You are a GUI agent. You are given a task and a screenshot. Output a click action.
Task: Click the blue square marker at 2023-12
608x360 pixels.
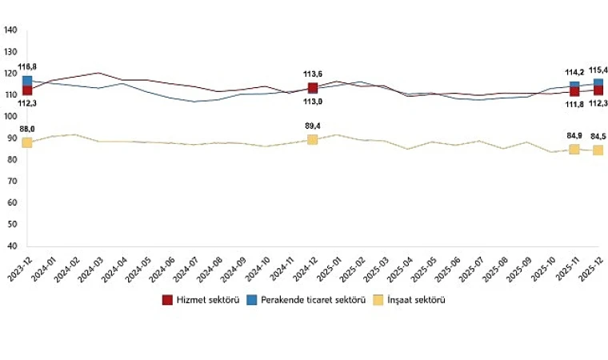(x=27, y=81)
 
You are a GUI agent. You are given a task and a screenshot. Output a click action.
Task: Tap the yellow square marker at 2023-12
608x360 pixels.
(x=27, y=142)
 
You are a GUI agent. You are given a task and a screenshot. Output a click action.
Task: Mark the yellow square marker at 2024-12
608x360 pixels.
(x=313, y=139)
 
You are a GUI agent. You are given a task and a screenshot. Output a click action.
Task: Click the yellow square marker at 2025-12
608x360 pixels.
(x=598, y=150)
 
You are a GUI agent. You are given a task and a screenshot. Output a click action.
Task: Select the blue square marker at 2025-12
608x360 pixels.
(x=598, y=83)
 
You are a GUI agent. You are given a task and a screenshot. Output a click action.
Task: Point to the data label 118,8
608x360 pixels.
(x=26, y=67)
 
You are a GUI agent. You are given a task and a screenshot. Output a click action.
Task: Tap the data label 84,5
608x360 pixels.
(x=598, y=136)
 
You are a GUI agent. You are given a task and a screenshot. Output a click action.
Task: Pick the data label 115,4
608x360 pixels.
(x=598, y=70)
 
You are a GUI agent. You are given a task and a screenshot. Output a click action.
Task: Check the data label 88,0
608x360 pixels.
(x=26, y=129)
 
